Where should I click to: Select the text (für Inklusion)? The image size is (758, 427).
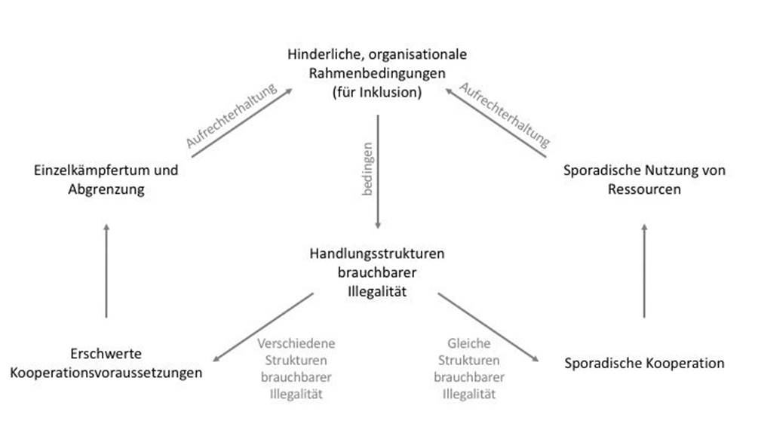click(377, 92)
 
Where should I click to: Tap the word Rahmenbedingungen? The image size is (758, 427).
click(377, 73)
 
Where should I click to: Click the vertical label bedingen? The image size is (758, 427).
click(367, 169)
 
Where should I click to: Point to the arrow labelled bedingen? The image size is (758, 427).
click(378, 172)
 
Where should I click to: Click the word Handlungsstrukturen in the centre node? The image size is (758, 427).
click(377, 253)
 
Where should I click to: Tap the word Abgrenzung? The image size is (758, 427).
click(106, 189)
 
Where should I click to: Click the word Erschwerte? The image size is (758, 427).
click(106, 354)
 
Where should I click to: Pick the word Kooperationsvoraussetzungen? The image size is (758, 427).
click(106, 373)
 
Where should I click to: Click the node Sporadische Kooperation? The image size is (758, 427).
click(644, 363)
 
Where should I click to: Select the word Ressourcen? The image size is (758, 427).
click(644, 189)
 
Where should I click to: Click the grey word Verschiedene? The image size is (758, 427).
click(296, 343)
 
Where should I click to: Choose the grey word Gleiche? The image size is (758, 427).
click(469, 343)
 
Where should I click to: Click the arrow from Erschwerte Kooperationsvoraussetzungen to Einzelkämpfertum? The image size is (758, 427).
click(106, 271)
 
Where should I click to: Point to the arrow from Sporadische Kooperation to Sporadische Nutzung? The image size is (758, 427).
click(644, 271)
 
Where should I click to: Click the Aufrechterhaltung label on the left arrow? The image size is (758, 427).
click(232, 115)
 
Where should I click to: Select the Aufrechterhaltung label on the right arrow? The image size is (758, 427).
click(505, 115)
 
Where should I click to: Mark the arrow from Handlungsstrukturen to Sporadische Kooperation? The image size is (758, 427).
click(488, 327)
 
